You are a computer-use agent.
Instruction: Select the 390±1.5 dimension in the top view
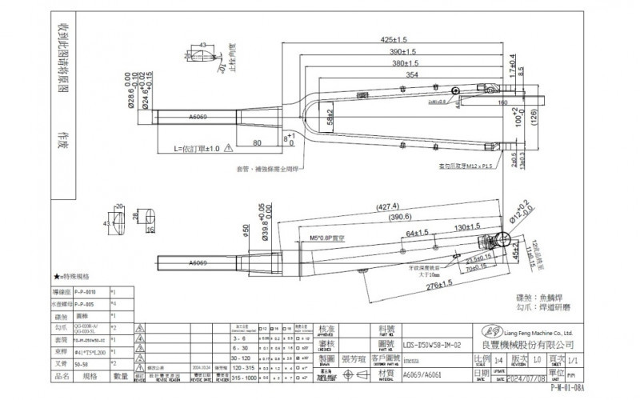401,50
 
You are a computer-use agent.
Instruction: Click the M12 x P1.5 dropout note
462,166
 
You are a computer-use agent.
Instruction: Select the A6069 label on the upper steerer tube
199,118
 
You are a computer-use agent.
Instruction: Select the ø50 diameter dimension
246,230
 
